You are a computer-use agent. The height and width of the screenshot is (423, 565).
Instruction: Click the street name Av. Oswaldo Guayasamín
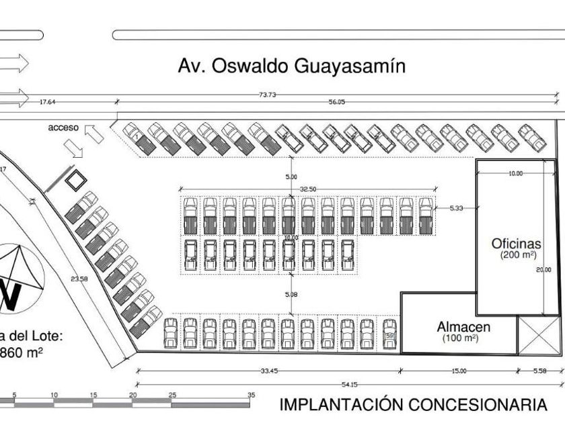pos(291,66)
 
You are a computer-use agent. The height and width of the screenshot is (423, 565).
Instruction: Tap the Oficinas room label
pos(517,244)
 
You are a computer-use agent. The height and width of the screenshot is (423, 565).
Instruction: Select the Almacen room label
pos(463,328)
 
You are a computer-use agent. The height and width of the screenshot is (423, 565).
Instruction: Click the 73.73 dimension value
pos(267,95)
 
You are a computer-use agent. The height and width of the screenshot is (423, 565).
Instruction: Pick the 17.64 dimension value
pos(47,102)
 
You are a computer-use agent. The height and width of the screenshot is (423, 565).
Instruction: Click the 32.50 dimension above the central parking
pos(309,190)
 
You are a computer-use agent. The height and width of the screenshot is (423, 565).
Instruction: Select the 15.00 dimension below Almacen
pos(459,371)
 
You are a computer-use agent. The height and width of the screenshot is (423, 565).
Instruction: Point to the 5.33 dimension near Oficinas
pos(457,209)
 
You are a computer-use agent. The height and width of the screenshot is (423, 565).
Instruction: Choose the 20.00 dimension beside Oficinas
pos(543,270)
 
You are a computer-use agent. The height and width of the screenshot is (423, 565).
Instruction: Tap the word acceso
pos(63,127)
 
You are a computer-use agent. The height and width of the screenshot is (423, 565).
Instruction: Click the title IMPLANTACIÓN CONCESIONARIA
pos(412,405)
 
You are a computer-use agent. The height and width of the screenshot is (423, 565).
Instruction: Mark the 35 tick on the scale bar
pos(251,395)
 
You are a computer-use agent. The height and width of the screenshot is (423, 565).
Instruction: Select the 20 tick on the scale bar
pos(133,395)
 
